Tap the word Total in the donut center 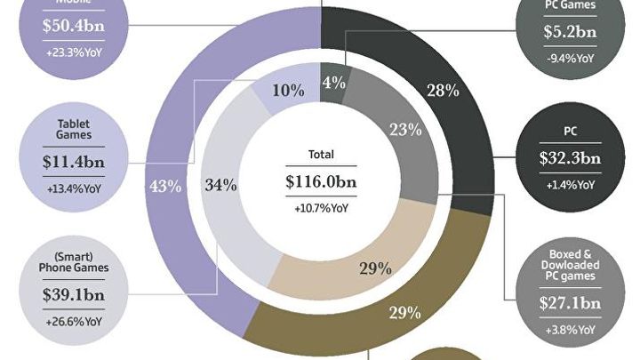(x=320, y=154)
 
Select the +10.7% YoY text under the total (x=320, y=209)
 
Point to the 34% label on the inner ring (x=220, y=185)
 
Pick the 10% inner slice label (x=289, y=90)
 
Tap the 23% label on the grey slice (x=405, y=130)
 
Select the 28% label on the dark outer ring (x=443, y=90)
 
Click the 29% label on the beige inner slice (x=377, y=268)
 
